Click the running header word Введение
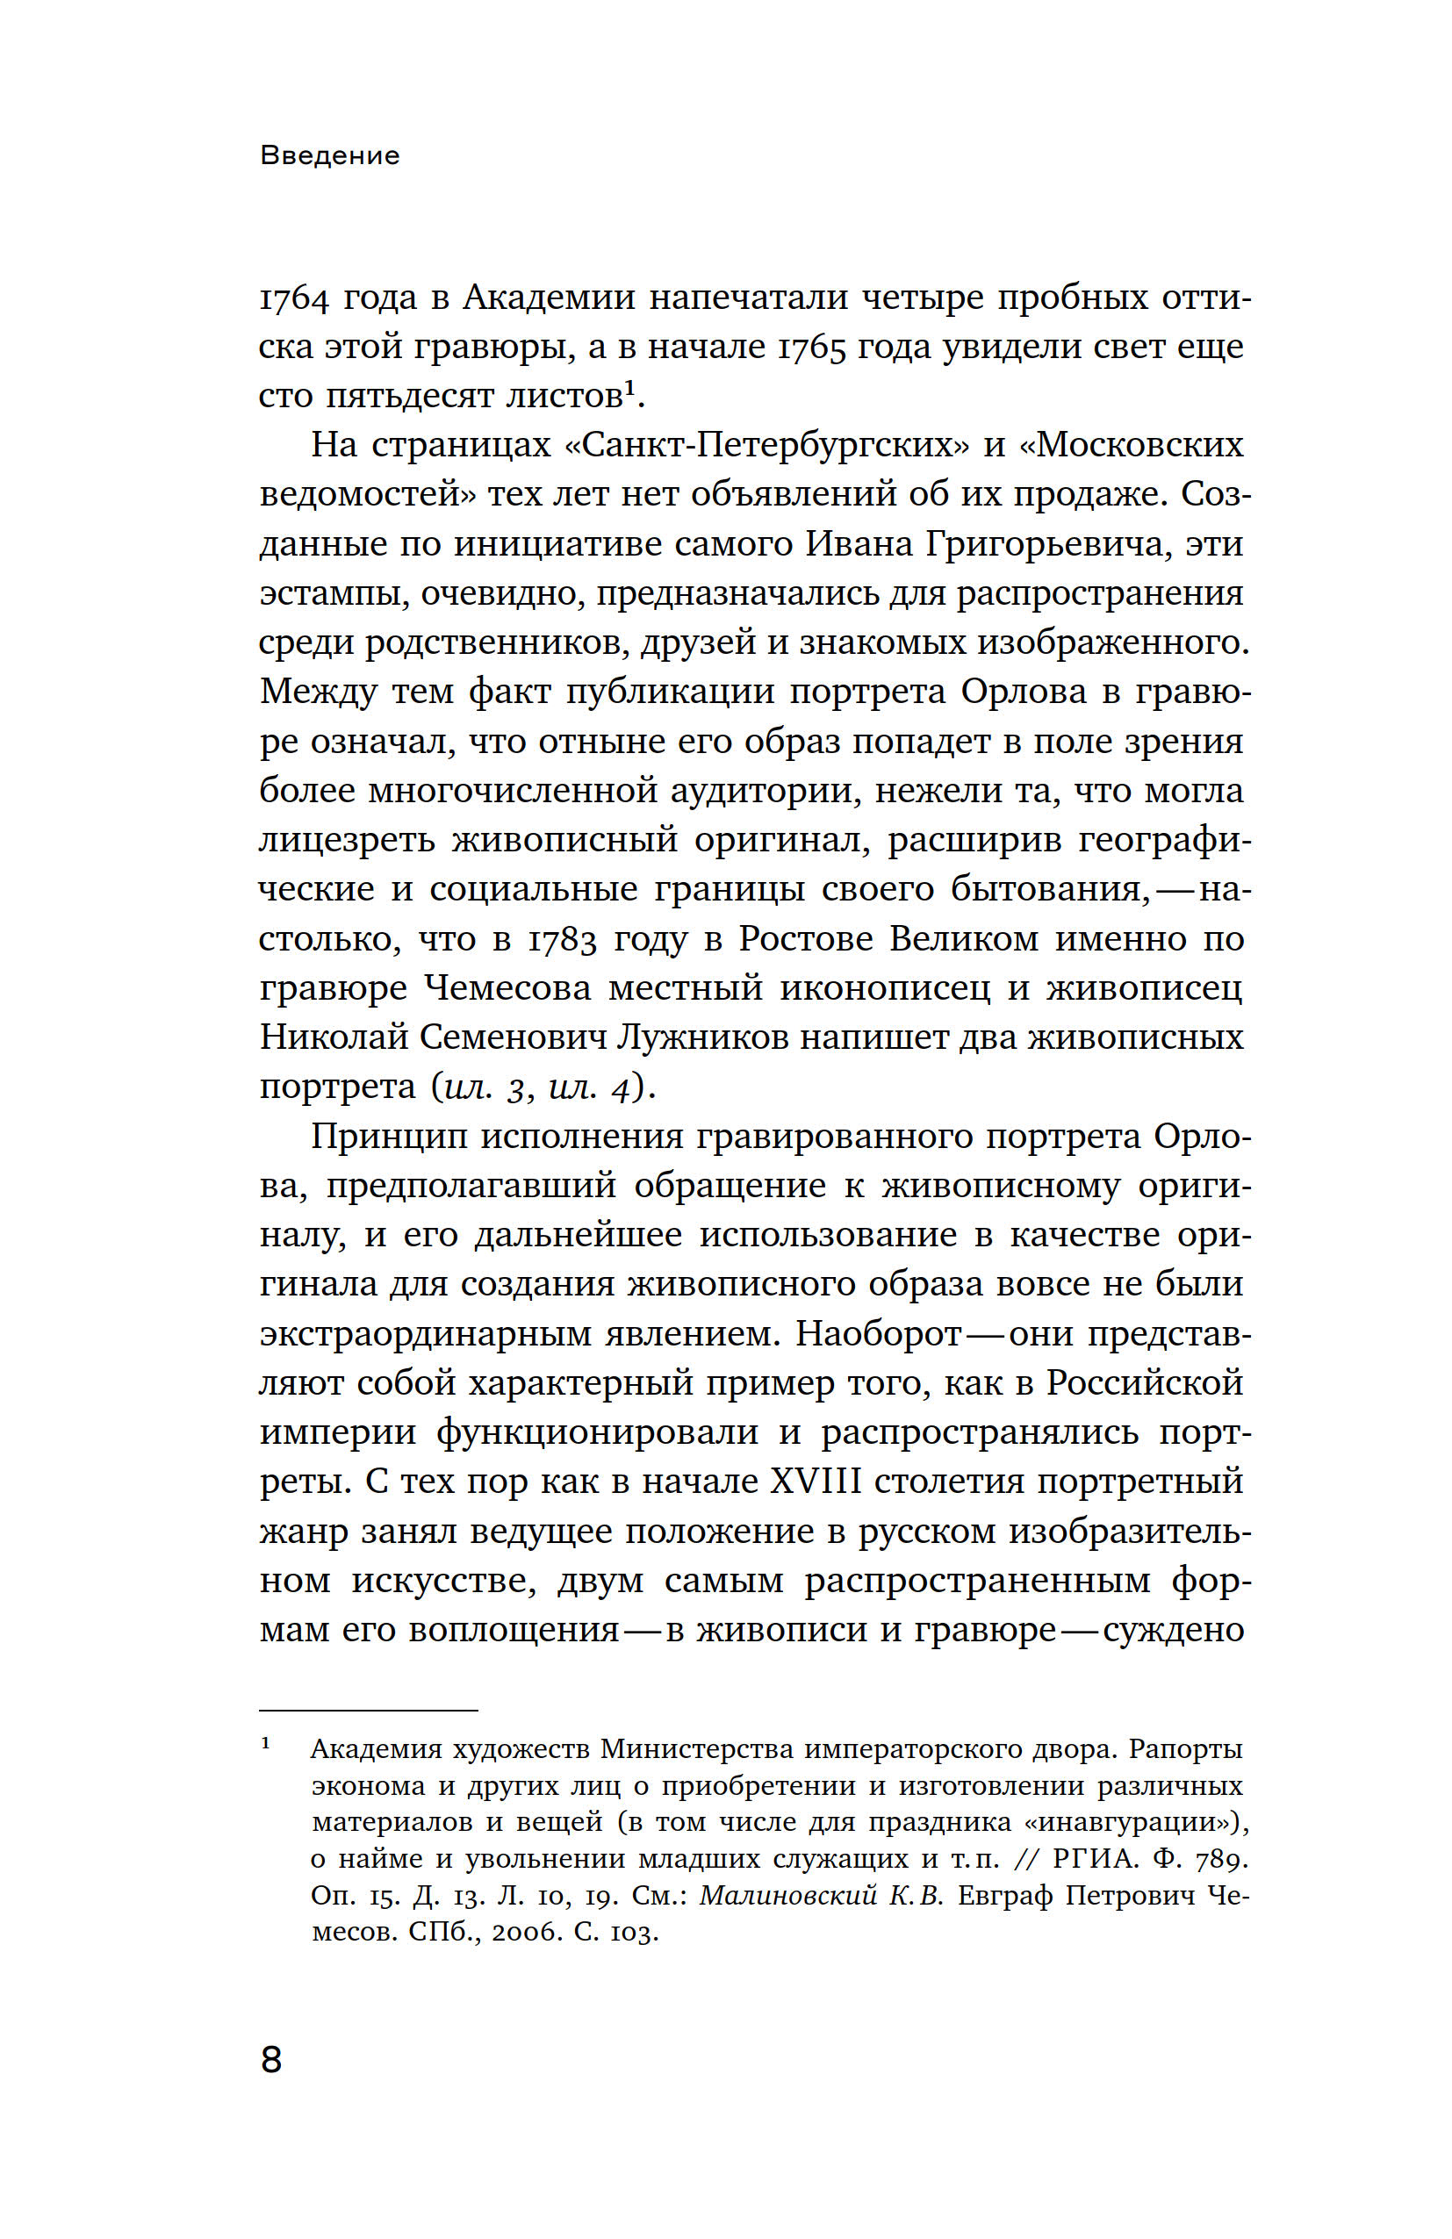pos(329,155)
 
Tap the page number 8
pos(271,2059)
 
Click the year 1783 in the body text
pos(561,939)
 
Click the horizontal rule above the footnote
pos(368,1711)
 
